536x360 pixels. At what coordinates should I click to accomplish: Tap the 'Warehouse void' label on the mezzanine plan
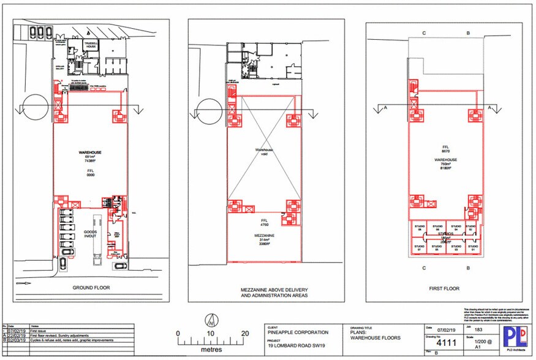(264, 151)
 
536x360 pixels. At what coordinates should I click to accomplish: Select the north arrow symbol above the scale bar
(211, 320)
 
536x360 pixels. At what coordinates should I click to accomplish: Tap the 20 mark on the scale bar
(245, 334)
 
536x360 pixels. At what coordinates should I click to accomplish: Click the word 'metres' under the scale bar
(211, 350)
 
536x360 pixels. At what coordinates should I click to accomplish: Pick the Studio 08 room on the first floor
(420, 228)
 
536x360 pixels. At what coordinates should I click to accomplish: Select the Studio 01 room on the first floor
(471, 249)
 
